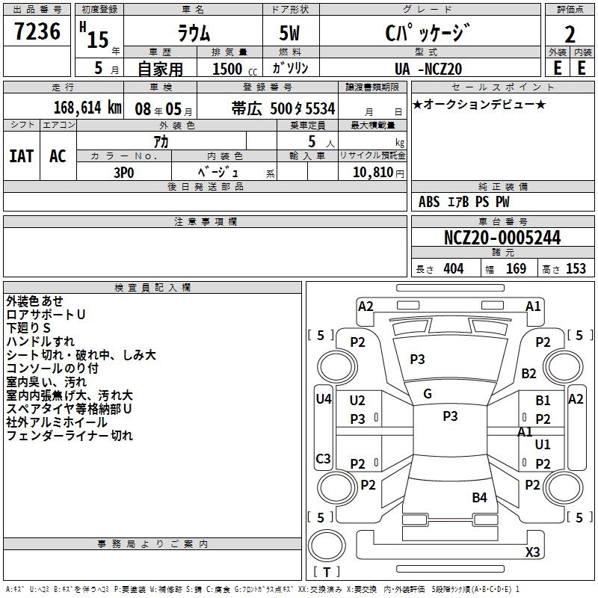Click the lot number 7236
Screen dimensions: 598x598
[37, 32]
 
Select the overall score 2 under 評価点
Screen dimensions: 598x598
[570, 34]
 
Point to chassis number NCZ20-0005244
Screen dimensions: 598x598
[502, 238]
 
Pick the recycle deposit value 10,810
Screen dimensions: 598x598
[372, 172]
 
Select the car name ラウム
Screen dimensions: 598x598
[193, 34]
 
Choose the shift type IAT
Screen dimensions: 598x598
[21, 156]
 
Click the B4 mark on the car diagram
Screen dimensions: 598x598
[479, 497]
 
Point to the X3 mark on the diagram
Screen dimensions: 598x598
[532, 552]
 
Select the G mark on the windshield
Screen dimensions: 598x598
[428, 394]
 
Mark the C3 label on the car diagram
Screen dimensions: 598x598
[324, 458]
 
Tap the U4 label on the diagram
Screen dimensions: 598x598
[324, 399]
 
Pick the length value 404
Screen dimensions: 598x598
[453, 269]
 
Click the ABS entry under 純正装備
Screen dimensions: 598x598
[429, 202]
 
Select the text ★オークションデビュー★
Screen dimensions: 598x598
[479, 104]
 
